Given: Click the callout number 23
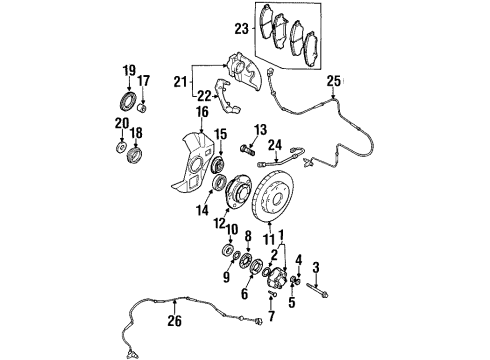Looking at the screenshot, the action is (242, 29).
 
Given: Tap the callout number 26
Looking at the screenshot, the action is (175, 321).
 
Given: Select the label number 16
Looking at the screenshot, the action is (203, 112).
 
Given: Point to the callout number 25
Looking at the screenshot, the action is (334, 81).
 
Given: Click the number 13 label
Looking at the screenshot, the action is (260, 130).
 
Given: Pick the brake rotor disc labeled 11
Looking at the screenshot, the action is (273, 197).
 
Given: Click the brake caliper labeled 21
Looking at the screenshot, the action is (244, 71).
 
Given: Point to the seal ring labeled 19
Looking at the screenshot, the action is (128, 100).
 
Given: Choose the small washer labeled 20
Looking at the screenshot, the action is (122, 146).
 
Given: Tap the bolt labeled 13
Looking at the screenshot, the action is (247, 150).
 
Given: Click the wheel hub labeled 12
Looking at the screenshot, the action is (239, 192).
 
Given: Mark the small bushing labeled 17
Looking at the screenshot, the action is (142, 108).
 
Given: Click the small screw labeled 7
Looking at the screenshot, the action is (272, 293).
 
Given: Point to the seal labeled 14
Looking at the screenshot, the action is (220, 183).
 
